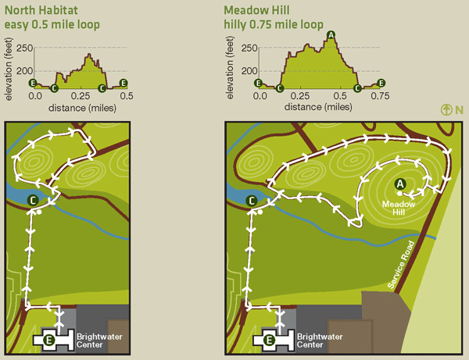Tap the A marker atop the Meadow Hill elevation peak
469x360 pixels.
[331, 34]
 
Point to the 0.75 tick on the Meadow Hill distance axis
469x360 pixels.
[381, 95]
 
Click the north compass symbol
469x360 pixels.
[446, 110]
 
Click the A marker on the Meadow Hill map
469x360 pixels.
[400, 184]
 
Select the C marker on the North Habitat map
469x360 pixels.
[34, 201]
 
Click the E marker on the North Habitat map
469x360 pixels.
[50, 340]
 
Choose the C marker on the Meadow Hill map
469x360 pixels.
[252, 201]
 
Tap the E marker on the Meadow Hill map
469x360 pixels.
[270, 340]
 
